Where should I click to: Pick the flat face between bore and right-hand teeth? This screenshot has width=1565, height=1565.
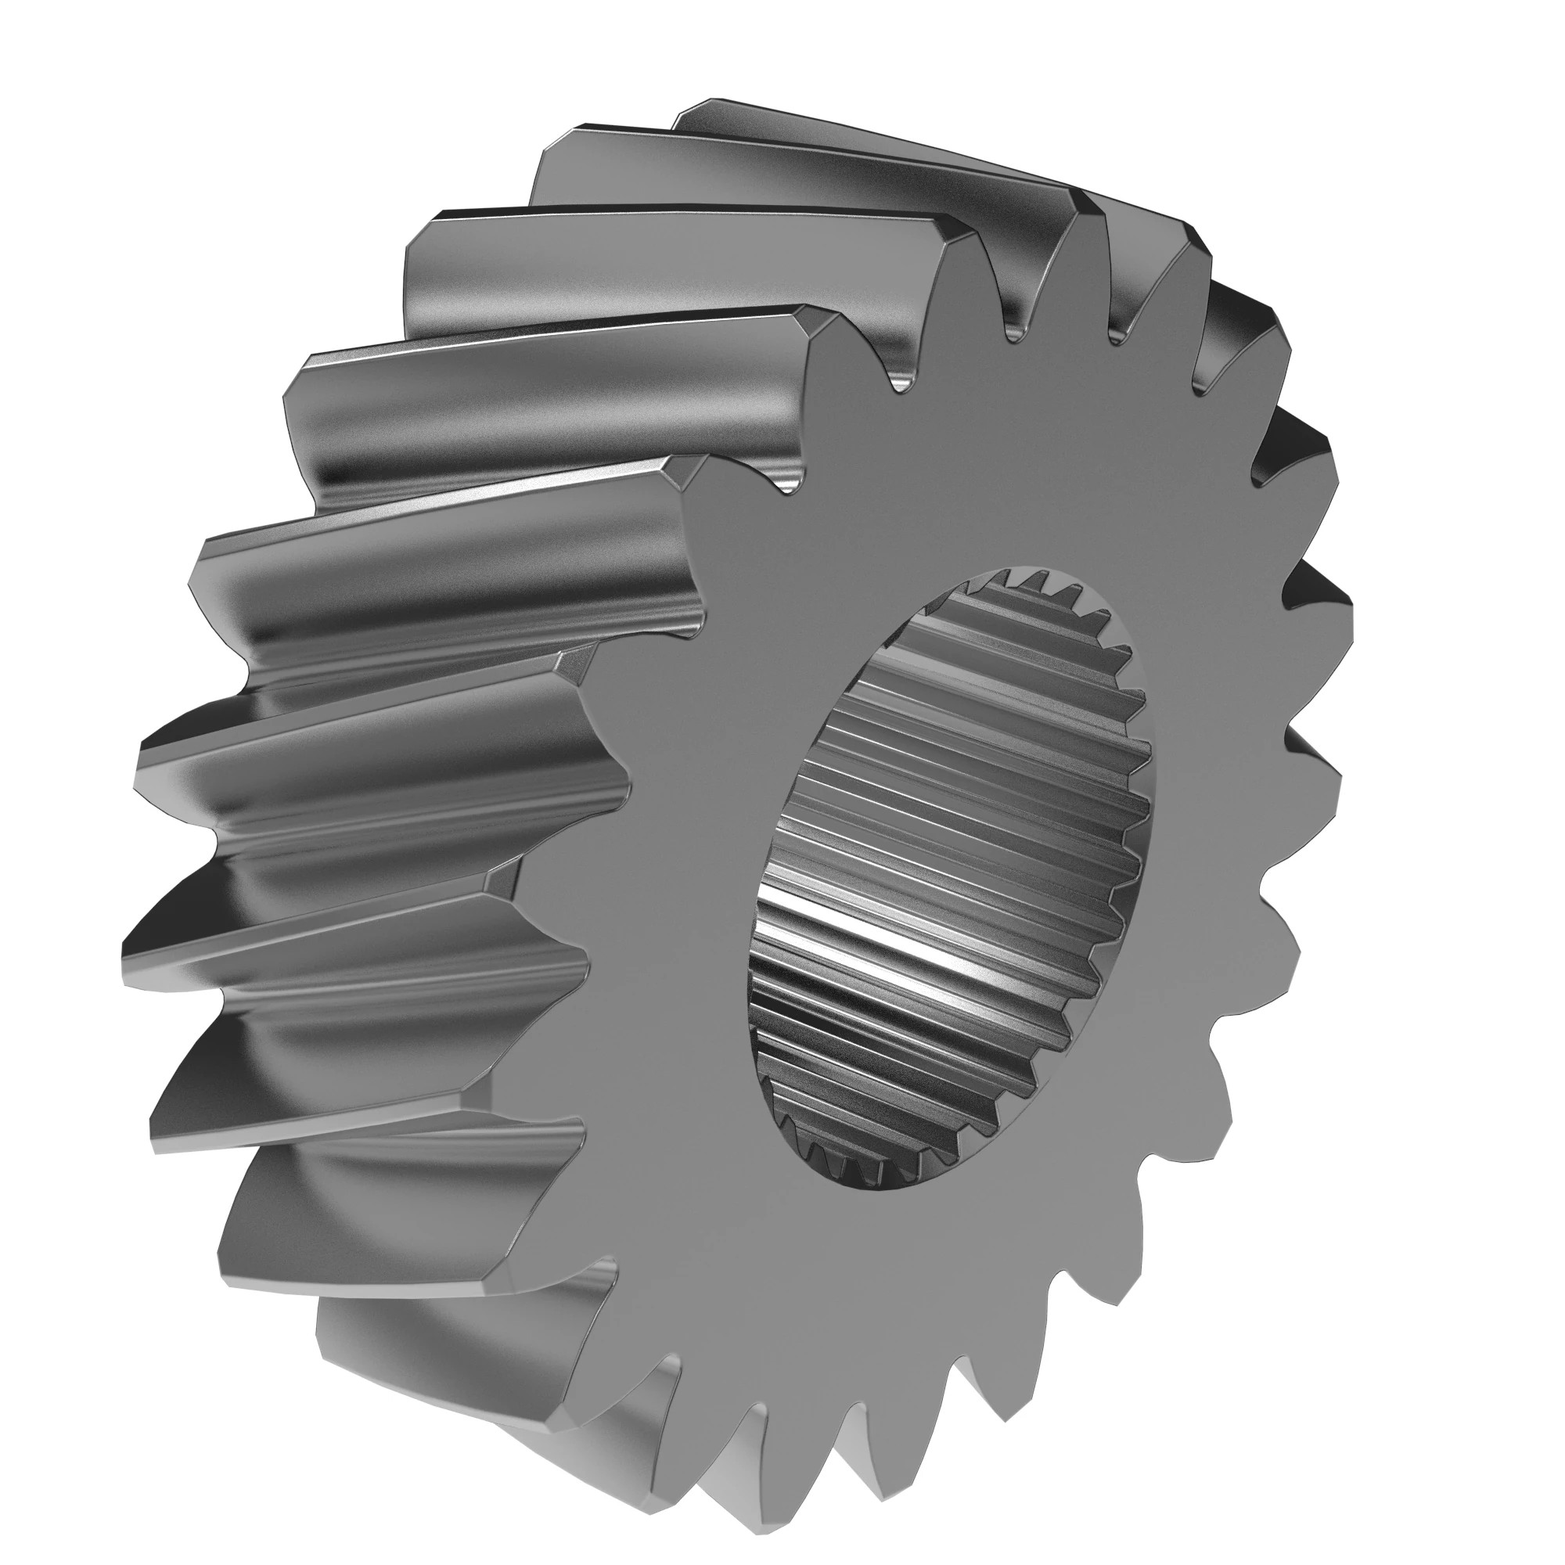coord(1215,810)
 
